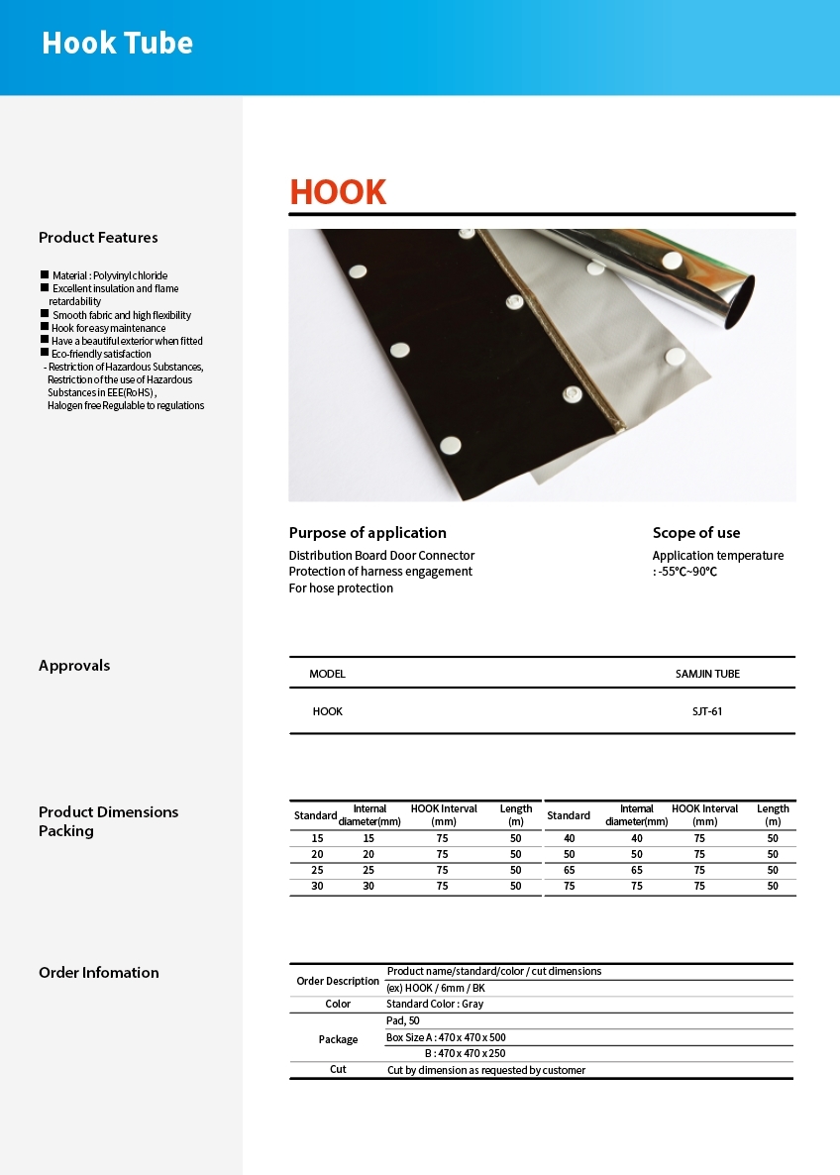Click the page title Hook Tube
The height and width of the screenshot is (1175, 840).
(x=117, y=44)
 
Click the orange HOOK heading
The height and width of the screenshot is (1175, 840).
(x=338, y=192)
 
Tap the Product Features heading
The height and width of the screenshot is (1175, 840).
(x=98, y=238)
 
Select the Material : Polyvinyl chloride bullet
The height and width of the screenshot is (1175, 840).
(x=109, y=275)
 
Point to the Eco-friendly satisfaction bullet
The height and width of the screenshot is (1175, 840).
(x=101, y=354)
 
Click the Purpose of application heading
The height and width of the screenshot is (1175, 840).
(x=367, y=533)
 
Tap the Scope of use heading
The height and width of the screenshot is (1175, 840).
(x=695, y=533)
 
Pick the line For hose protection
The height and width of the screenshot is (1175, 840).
(x=341, y=588)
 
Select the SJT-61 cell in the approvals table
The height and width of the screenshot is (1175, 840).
(x=707, y=711)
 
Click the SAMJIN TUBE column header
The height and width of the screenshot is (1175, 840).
(x=707, y=674)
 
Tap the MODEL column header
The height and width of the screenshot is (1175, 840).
(x=327, y=674)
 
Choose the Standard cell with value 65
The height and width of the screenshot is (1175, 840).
(x=569, y=870)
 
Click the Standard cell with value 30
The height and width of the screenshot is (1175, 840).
(x=317, y=886)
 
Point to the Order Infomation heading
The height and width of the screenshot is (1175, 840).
(x=98, y=973)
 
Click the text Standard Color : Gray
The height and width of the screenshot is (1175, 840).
(x=435, y=1004)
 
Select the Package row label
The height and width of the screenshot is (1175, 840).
(x=338, y=1039)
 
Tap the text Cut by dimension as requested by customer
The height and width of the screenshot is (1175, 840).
(x=485, y=1070)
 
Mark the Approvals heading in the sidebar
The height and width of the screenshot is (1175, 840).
(x=74, y=666)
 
